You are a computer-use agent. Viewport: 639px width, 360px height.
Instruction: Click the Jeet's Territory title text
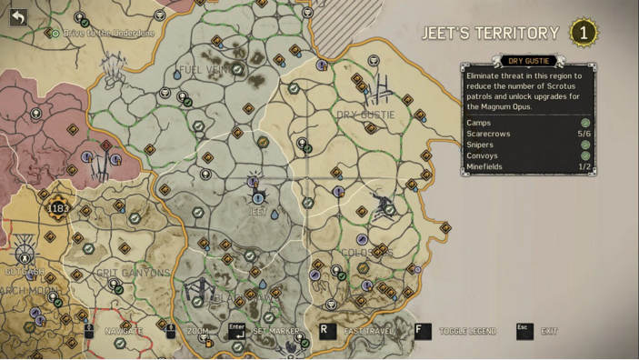490,34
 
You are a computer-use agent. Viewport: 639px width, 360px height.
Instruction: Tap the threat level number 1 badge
583,34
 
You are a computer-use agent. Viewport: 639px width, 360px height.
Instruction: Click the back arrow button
18,16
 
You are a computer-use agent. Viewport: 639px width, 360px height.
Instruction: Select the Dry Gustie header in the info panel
528,61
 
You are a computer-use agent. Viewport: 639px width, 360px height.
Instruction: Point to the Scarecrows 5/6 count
584,134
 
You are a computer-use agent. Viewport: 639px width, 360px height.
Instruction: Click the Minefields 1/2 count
584,166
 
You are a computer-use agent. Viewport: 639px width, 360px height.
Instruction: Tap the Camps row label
478,123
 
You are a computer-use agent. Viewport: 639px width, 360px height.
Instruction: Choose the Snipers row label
480,145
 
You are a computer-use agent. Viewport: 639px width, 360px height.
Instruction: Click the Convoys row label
482,155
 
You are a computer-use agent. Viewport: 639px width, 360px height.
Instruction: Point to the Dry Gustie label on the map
365,115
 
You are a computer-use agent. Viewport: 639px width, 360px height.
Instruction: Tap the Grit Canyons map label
133,273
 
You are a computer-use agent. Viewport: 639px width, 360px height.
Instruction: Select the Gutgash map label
24,272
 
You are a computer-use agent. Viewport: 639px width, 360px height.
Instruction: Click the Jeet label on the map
257,212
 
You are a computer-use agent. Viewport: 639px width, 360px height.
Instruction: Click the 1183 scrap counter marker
58,208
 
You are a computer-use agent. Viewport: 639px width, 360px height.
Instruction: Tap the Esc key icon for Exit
524,331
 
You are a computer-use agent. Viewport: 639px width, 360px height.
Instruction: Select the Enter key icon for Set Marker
237,331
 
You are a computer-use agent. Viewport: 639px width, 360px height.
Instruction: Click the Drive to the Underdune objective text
108,34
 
